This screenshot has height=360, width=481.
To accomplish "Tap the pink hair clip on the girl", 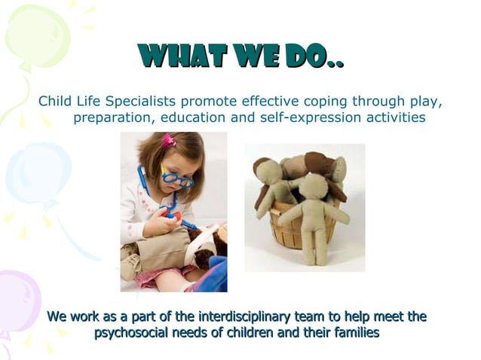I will [x=168, y=139].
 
